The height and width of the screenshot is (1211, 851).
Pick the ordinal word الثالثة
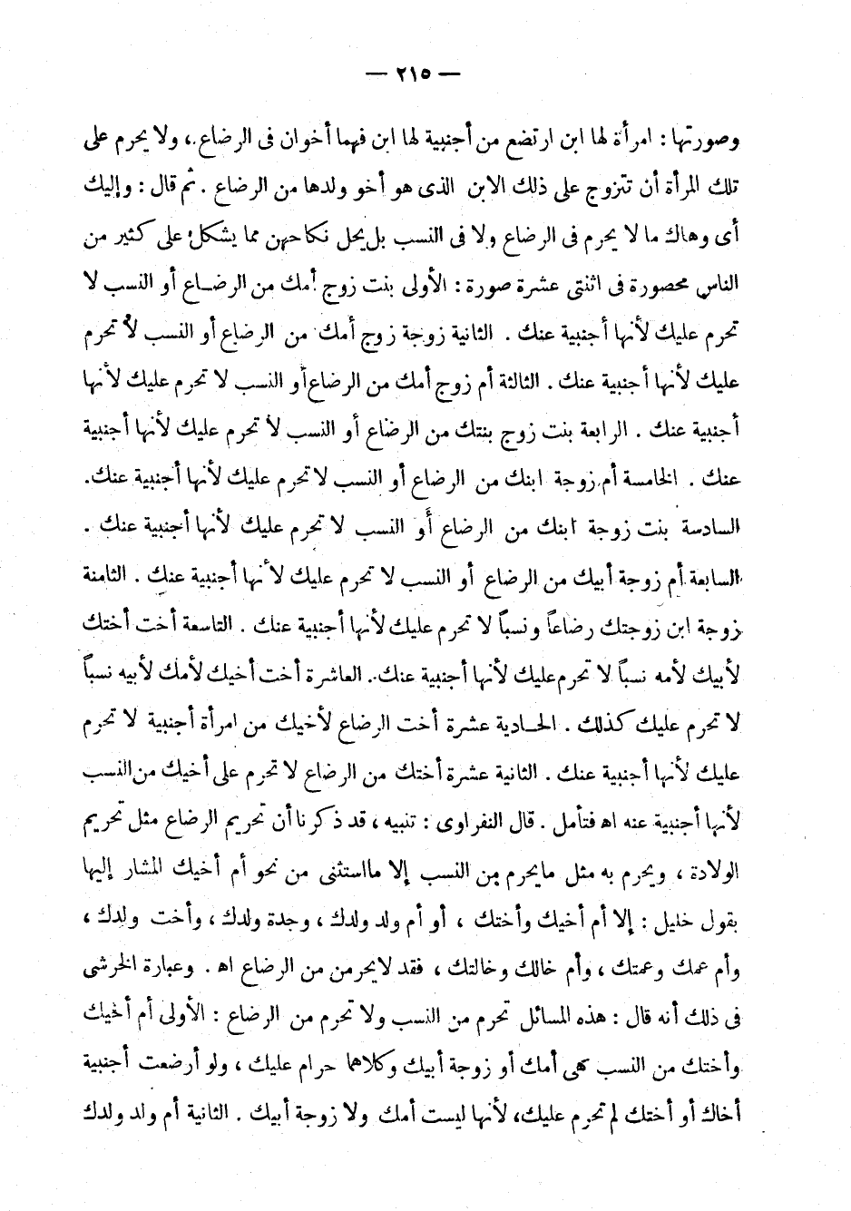click(491, 382)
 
